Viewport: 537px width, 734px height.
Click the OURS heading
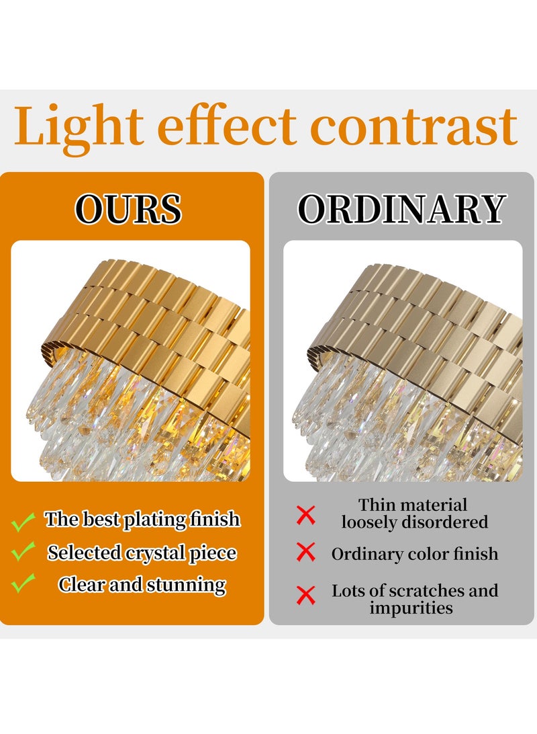tap(128, 209)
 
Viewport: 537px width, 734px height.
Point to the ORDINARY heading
tap(401, 209)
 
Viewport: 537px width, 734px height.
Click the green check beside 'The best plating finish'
tap(23, 521)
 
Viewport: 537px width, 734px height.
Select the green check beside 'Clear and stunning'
tap(23, 583)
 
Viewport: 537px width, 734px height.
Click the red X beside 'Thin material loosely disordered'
tap(305, 515)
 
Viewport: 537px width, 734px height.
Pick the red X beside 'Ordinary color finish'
tap(305, 552)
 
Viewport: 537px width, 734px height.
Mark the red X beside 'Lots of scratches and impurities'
tap(305, 595)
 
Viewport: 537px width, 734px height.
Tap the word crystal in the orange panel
tap(154, 554)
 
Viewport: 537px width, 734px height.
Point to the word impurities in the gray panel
tap(411, 608)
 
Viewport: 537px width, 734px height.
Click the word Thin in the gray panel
tap(375, 505)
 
